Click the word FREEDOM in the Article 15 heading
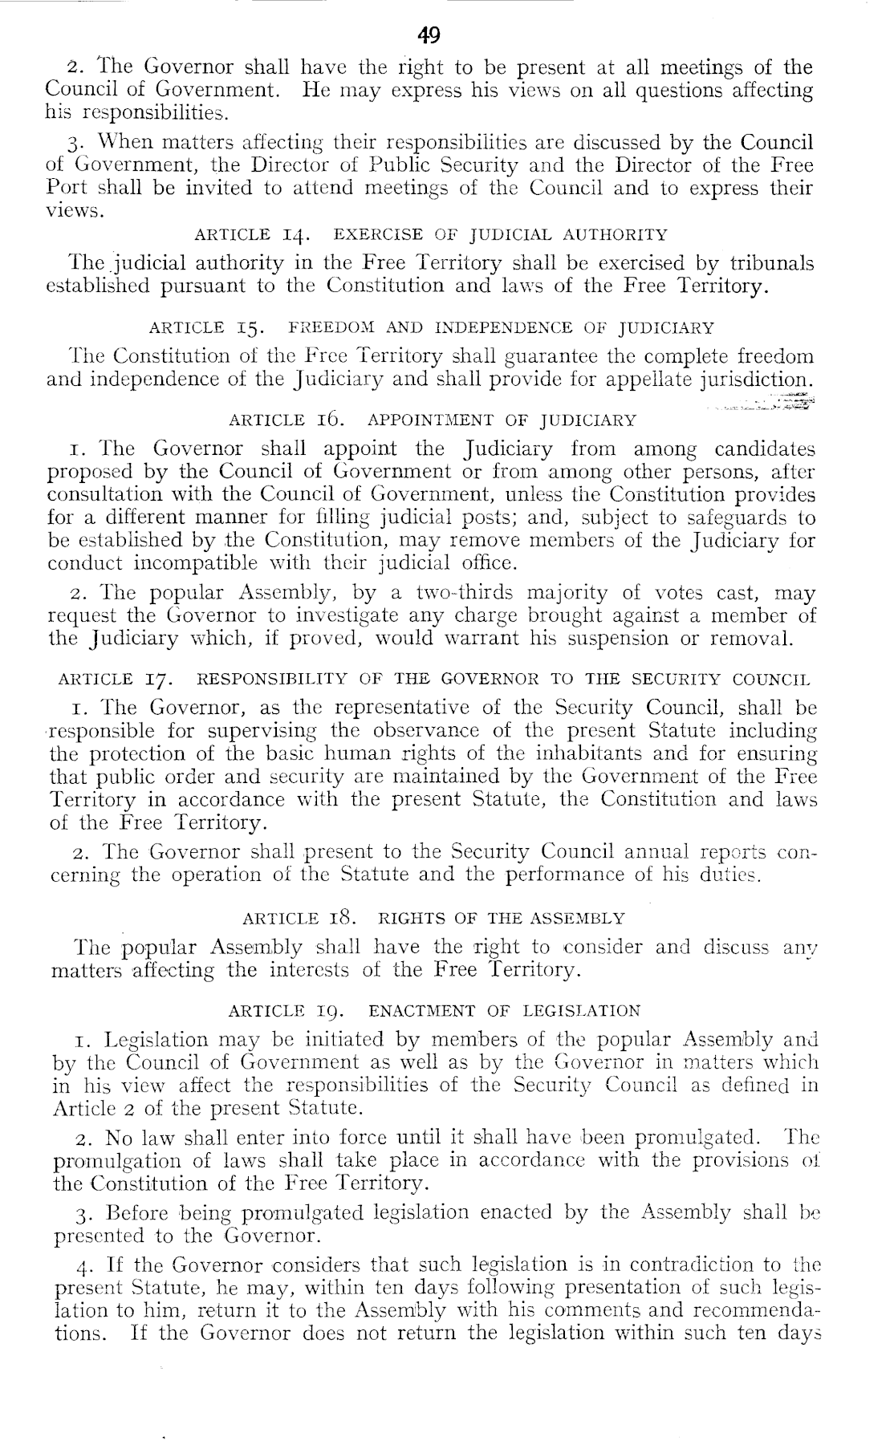coord(333,327)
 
